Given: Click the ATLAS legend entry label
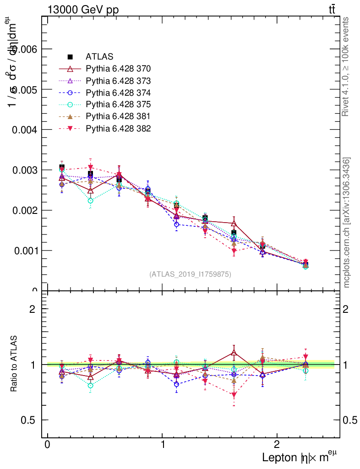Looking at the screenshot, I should click(x=99, y=57).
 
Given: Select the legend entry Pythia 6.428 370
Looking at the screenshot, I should click(x=118, y=69).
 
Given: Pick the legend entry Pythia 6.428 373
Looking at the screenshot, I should click(x=118, y=81).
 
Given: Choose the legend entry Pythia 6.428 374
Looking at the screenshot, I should click(x=118, y=93).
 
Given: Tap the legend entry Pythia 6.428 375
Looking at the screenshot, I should click(x=118, y=104).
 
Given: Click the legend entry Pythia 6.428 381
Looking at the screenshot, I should click(x=118, y=116).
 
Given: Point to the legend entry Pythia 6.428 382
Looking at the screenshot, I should click(x=118, y=128).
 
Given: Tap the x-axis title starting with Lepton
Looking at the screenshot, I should click(x=300, y=457).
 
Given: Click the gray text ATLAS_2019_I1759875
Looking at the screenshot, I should click(x=190, y=274).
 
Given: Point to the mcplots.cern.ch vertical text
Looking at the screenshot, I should click(x=347, y=223).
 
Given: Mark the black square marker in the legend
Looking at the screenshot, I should click(x=71, y=57).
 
